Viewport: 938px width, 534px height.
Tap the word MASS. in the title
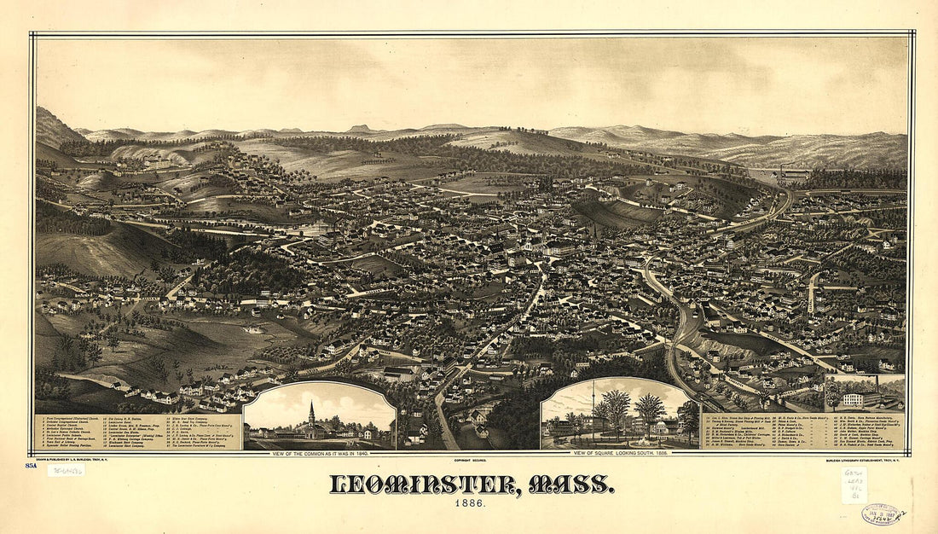point(570,485)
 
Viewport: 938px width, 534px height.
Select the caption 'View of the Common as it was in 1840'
point(319,453)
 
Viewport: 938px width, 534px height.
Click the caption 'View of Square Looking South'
point(620,453)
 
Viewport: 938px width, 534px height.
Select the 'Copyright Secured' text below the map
point(470,453)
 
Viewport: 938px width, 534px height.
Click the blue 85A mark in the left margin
point(31,466)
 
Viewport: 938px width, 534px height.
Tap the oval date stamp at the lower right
point(883,514)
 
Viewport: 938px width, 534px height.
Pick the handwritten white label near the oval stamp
point(854,485)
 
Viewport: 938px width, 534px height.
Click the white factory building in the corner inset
point(854,398)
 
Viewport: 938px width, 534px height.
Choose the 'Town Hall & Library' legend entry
point(65,440)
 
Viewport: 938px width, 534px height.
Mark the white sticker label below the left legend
point(66,470)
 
